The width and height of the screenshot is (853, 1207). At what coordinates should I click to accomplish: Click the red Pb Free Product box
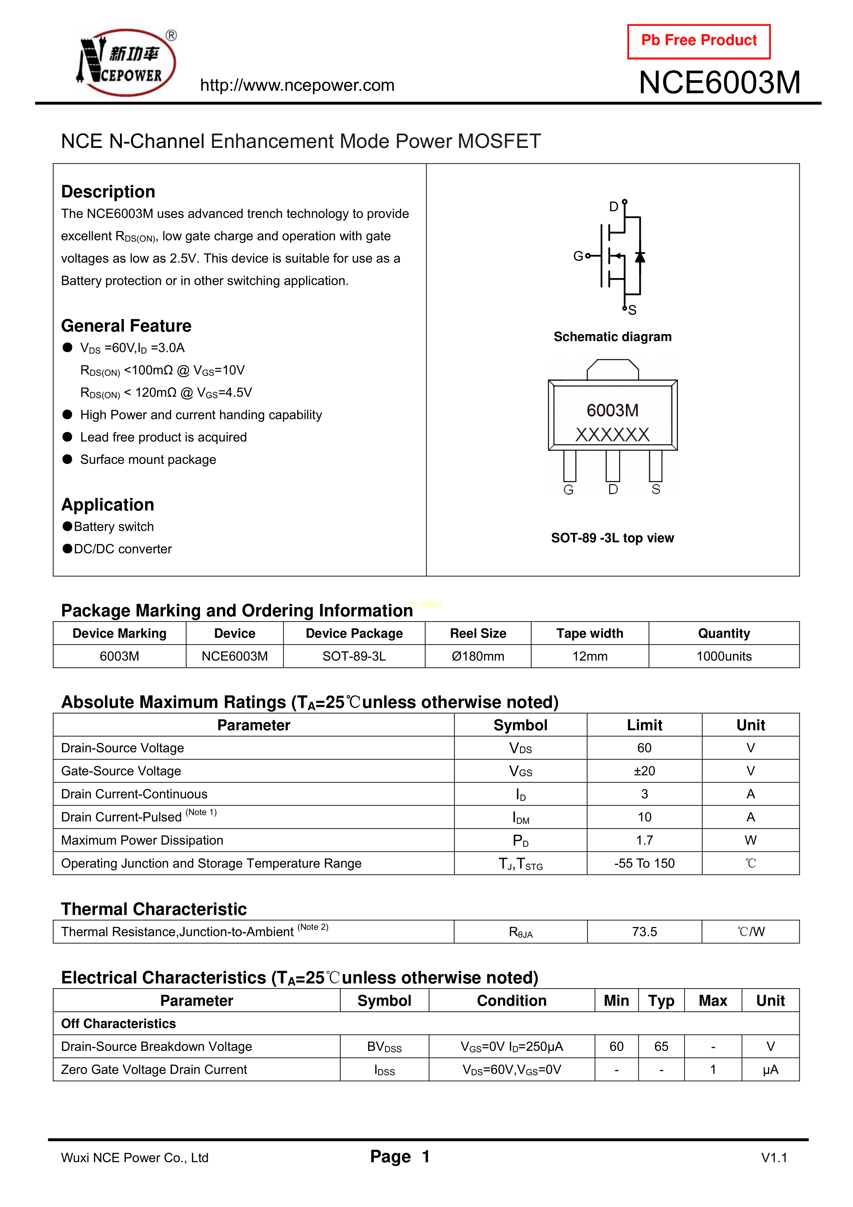(699, 41)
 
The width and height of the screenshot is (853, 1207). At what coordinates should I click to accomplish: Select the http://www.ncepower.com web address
(297, 85)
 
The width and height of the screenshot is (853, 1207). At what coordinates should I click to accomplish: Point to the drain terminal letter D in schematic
(613, 207)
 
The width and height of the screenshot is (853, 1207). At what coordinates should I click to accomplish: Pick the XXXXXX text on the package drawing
(612, 435)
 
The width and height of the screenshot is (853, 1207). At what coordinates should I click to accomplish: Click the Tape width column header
(590, 634)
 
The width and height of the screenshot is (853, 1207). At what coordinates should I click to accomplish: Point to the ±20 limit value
(644, 771)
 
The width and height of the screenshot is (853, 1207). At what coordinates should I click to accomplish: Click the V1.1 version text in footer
(774, 1157)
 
